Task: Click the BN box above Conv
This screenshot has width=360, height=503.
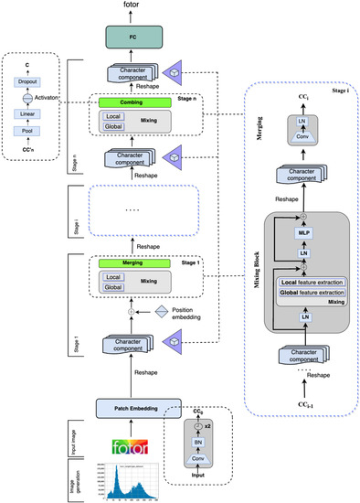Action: [x=196, y=444]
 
